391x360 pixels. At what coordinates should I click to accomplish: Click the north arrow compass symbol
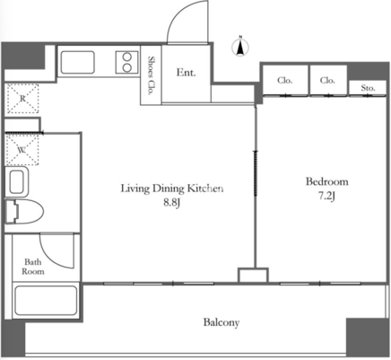pos(240,48)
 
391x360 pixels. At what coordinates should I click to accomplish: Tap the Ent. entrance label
pos(186,73)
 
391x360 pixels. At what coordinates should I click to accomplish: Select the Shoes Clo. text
pos(152,75)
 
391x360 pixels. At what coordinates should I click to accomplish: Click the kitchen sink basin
pos(77,62)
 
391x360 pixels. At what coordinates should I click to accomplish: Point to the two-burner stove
pos(127,62)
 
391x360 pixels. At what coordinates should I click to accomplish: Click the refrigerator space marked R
pos(22,99)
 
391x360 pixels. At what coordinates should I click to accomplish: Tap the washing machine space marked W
pos(22,150)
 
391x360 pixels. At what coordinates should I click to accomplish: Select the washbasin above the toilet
pos(17,181)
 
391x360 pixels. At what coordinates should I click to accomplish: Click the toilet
pos(24,211)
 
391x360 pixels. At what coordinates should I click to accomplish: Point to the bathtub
pos(46,301)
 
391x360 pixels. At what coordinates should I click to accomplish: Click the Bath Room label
pos(33,267)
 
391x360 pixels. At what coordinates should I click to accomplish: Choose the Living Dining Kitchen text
pos(172,189)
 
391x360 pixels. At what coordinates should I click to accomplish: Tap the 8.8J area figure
pos(171,203)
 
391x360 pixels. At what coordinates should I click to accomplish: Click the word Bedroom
pos(326,181)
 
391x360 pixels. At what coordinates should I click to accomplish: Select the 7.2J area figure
pos(326,196)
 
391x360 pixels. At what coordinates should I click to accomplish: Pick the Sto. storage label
pos(368,88)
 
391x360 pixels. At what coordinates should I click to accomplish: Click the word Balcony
pos(222,322)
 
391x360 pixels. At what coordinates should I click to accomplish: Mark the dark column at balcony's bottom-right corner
pos(368,337)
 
